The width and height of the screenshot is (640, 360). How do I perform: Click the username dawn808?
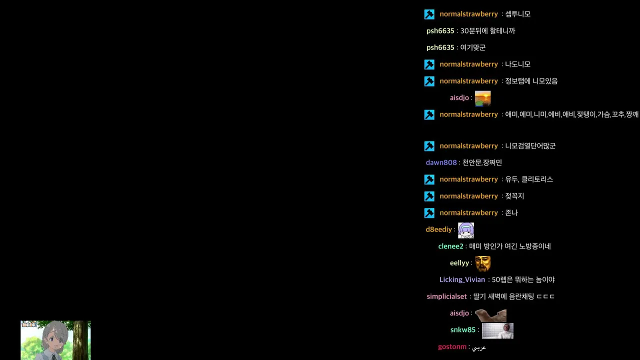coord(441,162)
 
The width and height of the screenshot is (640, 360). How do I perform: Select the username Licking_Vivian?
coord(462,279)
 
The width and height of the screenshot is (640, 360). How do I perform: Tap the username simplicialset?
coord(446,296)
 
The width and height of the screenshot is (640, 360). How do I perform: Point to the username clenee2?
coord(450,246)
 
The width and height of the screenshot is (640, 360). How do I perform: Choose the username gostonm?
coord(452,347)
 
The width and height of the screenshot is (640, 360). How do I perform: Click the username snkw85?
coord(463,330)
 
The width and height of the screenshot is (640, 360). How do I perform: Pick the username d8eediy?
coord(439,229)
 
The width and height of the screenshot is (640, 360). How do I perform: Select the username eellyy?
coord(459,263)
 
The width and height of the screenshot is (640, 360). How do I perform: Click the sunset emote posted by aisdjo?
coord(482,98)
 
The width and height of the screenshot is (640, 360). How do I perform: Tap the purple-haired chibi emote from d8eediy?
coord(465,230)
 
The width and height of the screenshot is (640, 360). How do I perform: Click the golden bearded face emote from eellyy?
coord(482,264)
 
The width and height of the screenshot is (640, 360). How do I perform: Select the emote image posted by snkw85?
coord(497,331)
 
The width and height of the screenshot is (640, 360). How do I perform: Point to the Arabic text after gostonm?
coord(479,347)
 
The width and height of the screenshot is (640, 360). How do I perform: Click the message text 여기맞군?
coord(473,47)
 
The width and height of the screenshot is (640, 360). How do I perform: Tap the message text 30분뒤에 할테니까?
coord(487,31)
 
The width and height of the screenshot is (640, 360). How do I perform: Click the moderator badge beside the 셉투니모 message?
coord(429,14)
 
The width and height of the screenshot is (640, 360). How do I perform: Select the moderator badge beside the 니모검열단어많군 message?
coord(429,146)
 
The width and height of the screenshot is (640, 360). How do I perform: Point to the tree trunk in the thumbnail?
coord(81,340)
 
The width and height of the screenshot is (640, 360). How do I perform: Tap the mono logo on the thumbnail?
coord(29,324)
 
